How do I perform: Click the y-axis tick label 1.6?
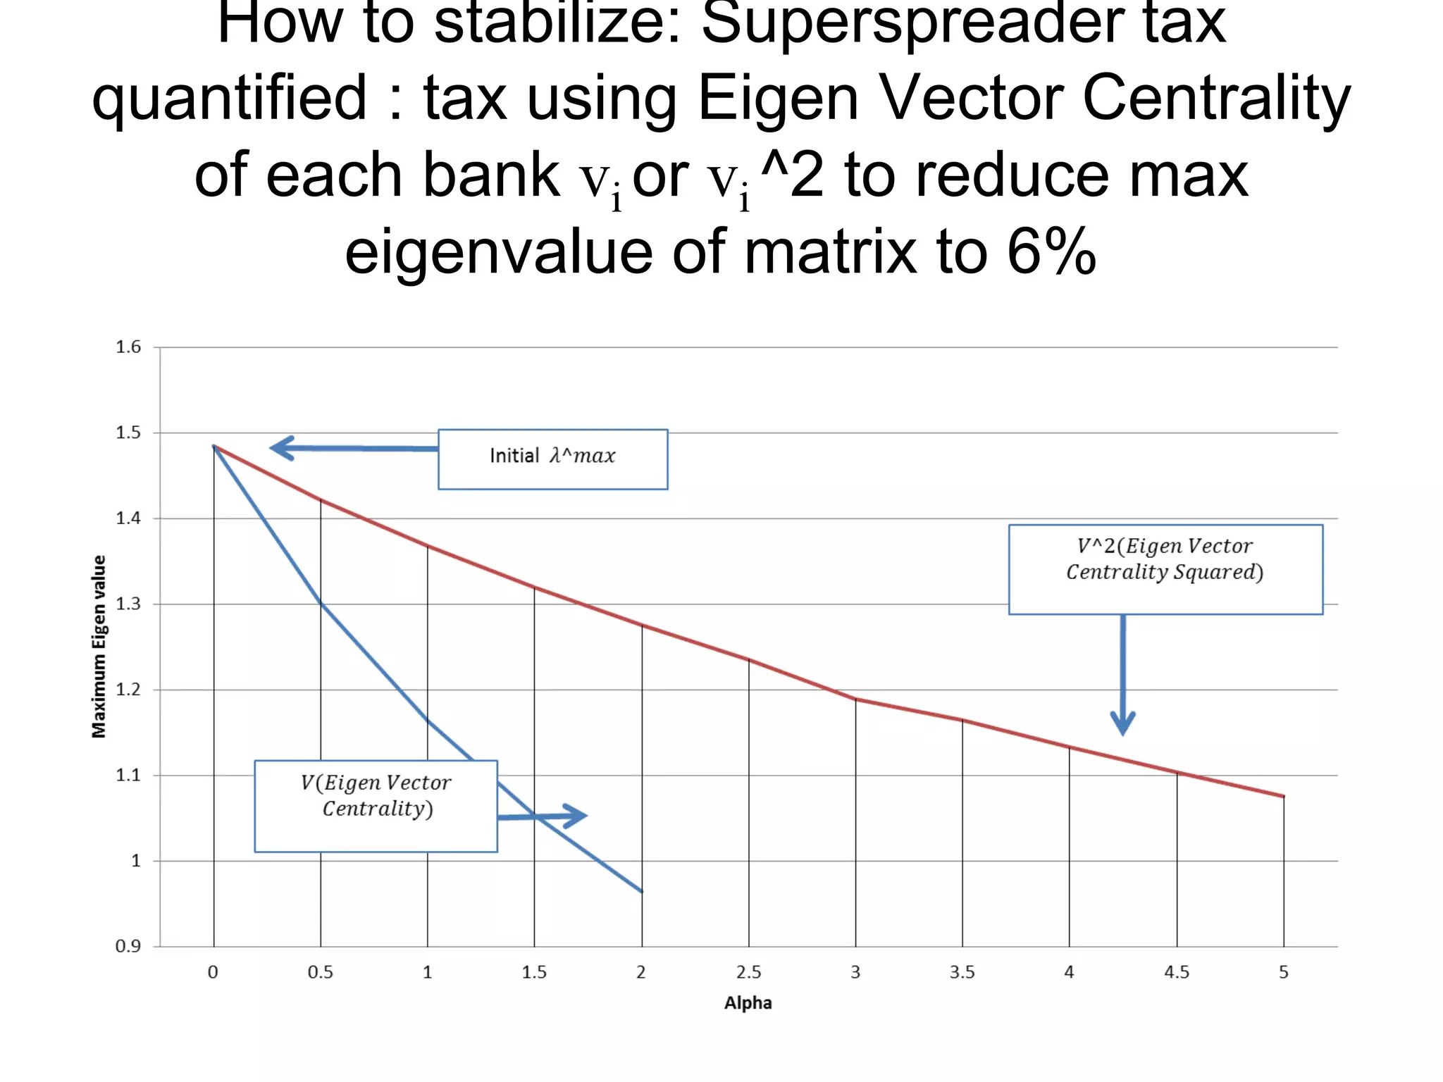click(x=128, y=347)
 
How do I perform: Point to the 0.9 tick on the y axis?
click(x=128, y=946)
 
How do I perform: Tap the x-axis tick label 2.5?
click(x=748, y=972)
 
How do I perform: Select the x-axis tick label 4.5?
click(x=1176, y=972)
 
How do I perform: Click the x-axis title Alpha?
click(x=748, y=1002)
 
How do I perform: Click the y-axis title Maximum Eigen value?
click(x=99, y=646)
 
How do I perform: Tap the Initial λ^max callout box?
click(x=552, y=459)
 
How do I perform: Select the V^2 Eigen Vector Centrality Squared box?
click(x=1165, y=569)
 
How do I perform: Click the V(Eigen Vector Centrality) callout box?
click(x=376, y=806)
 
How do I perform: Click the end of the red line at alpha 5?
click(x=1283, y=796)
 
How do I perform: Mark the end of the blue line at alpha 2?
click(x=641, y=891)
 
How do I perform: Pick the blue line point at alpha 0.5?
click(x=321, y=603)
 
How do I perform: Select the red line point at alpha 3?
click(x=855, y=699)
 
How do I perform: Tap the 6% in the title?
click(x=1051, y=251)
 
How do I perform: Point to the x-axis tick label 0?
click(x=213, y=972)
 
